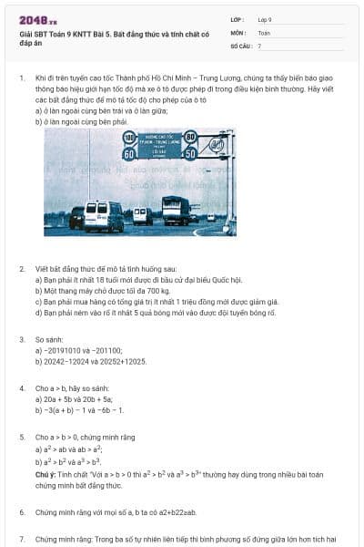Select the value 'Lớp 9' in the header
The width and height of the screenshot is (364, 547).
[264, 19]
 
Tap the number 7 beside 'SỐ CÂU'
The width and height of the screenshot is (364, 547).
[259, 45]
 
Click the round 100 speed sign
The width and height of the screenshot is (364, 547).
[129, 137]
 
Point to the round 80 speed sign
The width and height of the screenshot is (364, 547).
[190, 137]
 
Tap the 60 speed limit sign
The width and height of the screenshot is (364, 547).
[129, 153]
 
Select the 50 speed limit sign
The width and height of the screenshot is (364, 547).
[190, 153]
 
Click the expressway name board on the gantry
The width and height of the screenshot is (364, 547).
[160, 145]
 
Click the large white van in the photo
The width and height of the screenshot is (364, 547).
[103, 216]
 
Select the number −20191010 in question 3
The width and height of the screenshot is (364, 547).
[66, 350]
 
